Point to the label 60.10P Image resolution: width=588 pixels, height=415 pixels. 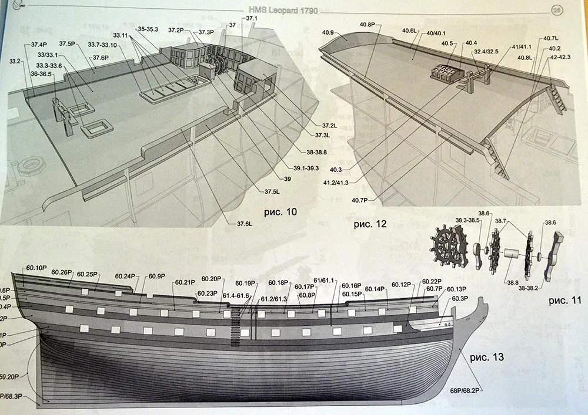point(37,269)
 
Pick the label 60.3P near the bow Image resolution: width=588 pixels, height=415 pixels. point(460,299)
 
